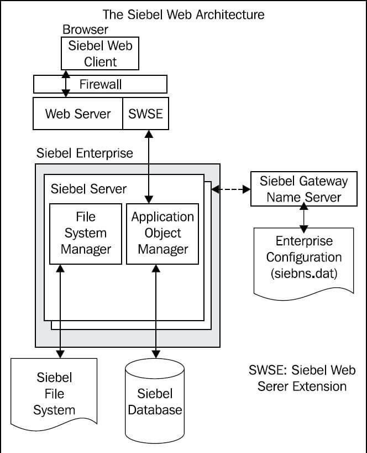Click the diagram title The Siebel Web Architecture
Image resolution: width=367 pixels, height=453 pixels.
[183, 13]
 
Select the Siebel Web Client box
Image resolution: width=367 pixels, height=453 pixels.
[100, 53]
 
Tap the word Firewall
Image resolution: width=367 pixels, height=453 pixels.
[100, 85]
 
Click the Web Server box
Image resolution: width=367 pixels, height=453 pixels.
[78, 114]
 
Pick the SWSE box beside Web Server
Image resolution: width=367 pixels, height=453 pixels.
[145, 114]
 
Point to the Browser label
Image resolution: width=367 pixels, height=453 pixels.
[85, 29]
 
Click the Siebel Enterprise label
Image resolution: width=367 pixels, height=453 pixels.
[85, 153]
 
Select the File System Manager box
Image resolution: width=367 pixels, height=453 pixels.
[86, 233]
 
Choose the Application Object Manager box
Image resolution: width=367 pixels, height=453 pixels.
[163, 233]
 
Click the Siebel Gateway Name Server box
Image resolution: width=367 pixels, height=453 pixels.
[304, 189]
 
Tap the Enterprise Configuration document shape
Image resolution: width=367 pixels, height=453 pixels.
[303, 260]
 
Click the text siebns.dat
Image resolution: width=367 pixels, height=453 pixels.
[303, 274]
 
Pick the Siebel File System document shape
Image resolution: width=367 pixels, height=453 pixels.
[54, 394]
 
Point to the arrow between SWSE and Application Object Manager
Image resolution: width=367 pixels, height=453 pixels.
[148, 166]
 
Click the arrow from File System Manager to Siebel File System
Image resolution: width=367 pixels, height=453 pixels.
[59, 310]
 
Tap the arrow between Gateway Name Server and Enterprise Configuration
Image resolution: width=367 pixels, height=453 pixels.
[302, 218]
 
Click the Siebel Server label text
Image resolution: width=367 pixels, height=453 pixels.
[88, 189]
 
